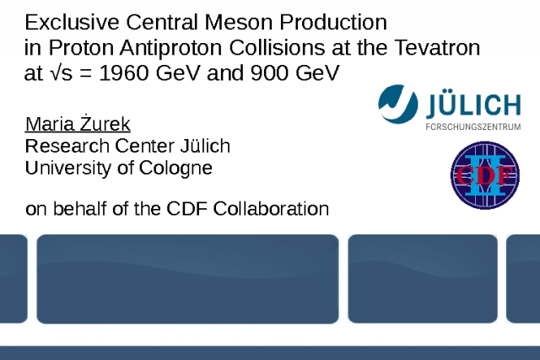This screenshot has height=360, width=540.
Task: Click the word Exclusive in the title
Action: click(72, 23)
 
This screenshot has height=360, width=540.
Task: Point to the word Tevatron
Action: click(437, 47)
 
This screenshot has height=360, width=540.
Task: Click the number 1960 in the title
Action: click(124, 73)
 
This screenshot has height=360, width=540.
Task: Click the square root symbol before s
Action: click(54, 73)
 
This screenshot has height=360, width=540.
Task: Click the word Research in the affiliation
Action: click(67, 146)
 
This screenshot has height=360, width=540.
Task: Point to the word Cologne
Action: click(175, 169)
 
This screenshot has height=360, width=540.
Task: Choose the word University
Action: click(67, 169)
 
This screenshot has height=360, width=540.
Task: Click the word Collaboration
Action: click(271, 208)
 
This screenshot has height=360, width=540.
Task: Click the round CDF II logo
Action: click(485, 175)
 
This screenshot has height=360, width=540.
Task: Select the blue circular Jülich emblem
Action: click(398, 104)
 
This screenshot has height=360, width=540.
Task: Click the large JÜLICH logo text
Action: click(473, 105)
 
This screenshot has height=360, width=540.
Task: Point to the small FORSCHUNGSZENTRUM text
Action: click(473, 127)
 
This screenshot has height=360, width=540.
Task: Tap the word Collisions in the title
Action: click(277, 47)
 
